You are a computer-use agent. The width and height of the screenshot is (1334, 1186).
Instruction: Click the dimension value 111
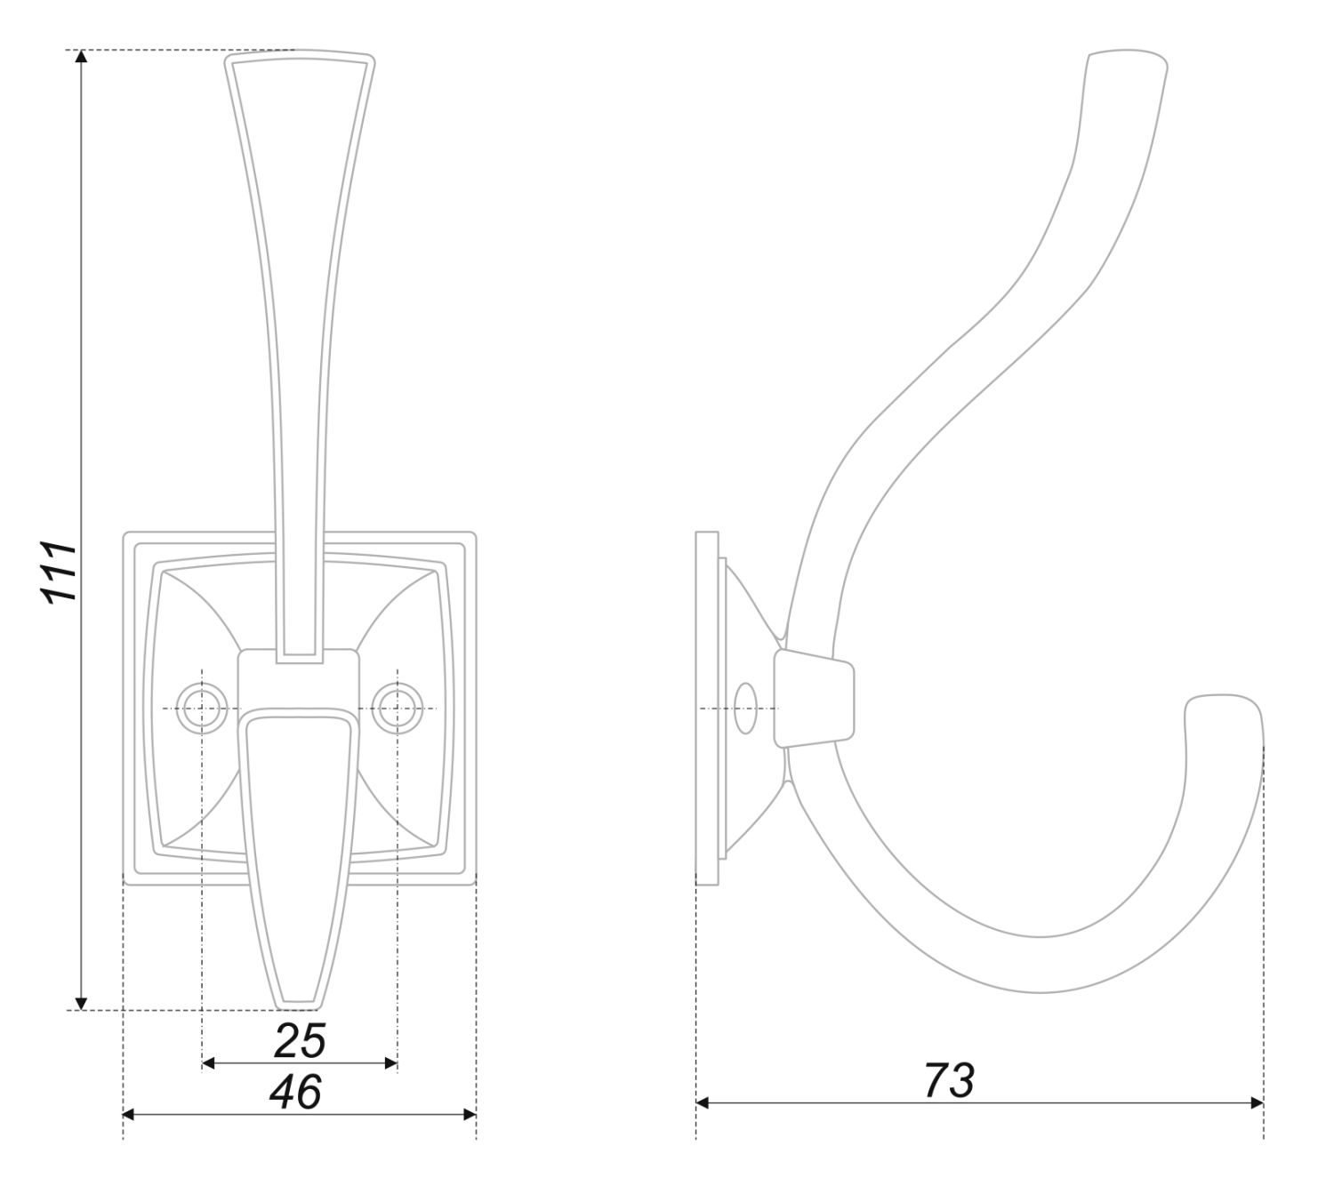60,572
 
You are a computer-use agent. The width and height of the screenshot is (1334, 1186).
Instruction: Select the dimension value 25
300,1040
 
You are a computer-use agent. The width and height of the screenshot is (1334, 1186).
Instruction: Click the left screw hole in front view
202,709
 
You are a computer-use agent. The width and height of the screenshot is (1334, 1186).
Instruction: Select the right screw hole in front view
397,709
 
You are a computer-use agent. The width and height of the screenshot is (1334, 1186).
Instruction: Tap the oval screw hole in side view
745,709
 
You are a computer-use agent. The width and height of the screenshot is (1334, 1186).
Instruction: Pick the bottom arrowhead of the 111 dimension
81,1003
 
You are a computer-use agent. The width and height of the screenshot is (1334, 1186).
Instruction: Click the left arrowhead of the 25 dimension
208,1063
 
